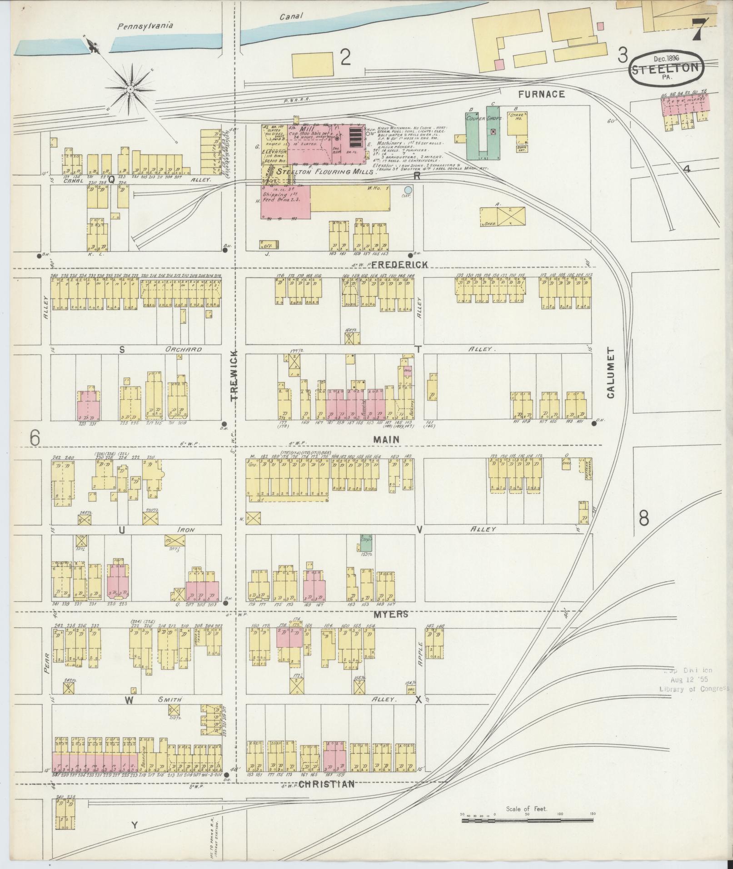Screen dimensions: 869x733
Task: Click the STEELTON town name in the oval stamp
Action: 666,69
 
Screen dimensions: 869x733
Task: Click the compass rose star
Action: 130,88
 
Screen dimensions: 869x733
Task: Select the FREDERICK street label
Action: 400,264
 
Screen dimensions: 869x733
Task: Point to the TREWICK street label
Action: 234,375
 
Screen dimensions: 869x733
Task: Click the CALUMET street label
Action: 610,373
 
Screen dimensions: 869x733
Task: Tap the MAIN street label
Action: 386,439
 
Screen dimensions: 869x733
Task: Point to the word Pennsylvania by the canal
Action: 145,26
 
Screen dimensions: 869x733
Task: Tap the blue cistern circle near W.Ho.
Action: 408,189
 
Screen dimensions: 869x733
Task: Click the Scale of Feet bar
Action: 527,819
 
